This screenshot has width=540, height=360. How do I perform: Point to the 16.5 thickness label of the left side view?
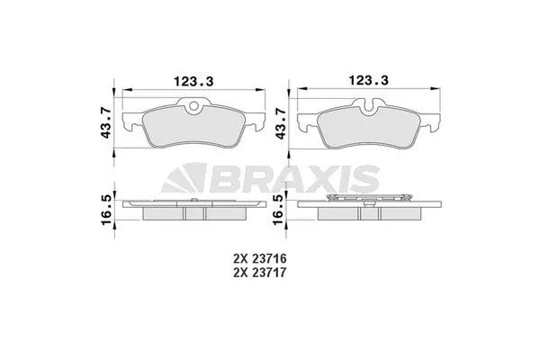point(105,207)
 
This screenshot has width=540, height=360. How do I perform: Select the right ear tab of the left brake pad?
point(256,121)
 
